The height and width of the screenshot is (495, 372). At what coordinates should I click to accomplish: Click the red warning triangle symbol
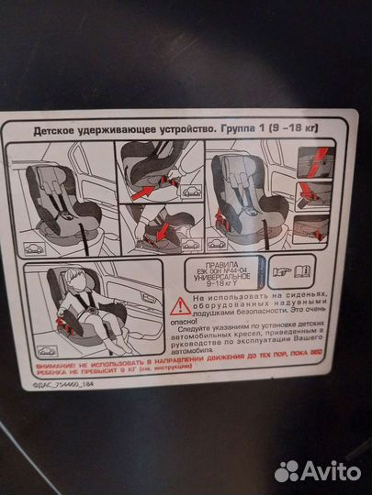[x=186, y=305]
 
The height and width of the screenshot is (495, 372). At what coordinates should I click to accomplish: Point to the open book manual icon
[x=298, y=272]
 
